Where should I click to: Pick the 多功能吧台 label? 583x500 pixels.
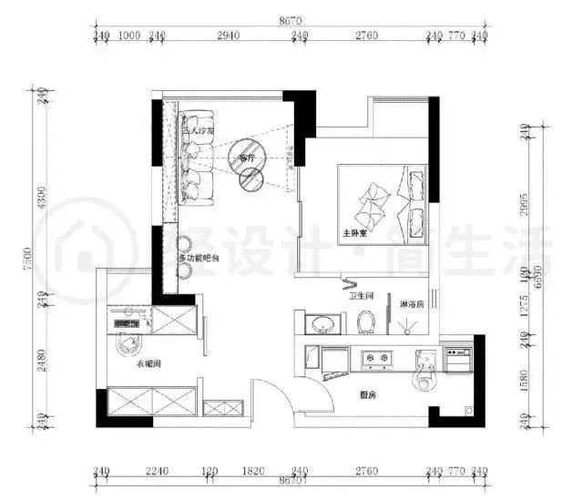tap(199, 260)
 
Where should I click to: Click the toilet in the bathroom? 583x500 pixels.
tap(367, 322)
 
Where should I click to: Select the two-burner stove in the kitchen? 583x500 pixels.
tap(376, 360)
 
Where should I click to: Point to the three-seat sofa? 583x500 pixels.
tap(197, 155)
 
